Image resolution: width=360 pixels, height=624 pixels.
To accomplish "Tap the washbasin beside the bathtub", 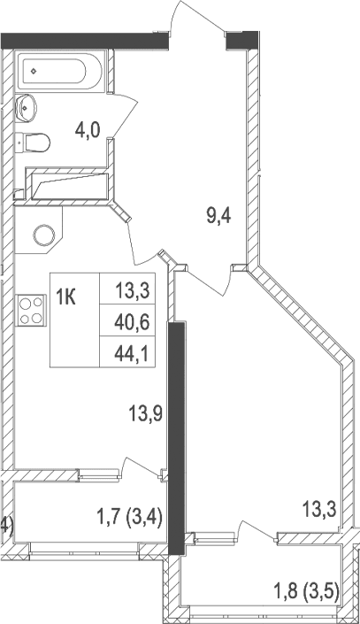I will tap(27, 106).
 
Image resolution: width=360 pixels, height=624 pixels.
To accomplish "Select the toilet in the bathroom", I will tap(35, 142).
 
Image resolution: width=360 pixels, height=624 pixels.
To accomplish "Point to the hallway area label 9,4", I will tap(220, 215).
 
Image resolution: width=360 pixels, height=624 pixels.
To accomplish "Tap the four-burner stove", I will tap(31, 311).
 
